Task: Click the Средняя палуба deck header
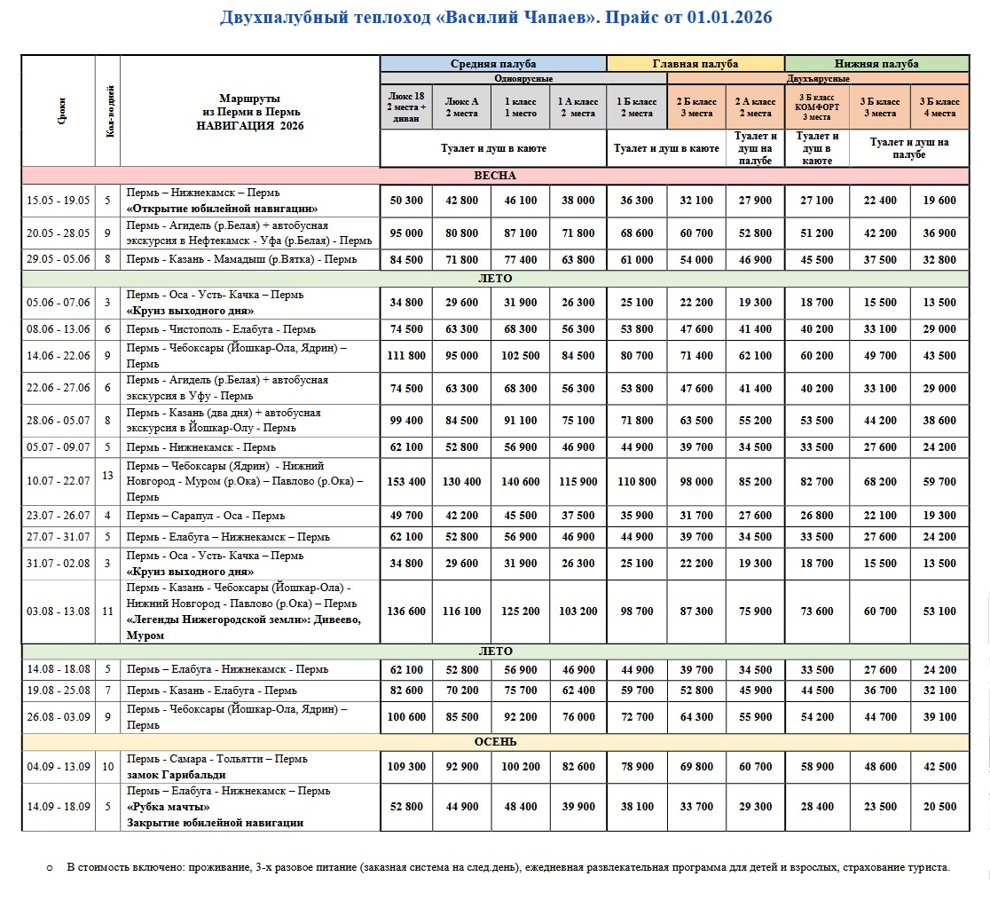pyautogui.click(x=493, y=64)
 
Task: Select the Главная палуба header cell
pyautogui.click(x=695, y=64)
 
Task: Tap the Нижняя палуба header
pyautogui.click(x=876, y=64)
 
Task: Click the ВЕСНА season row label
pyautogui.click(x=494, y=176)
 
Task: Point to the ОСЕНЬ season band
pyautogui.click(x=494, y=742)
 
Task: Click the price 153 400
pyautogui.click(x=407, y=482)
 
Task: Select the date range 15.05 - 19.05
pyautogui.click(x=59, y=201)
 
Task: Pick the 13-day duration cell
pyautogui.click(x=107, y=476)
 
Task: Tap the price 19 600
pyautogui.click(x=939, y=201)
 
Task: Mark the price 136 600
pyautogui.click(x=407, y=612)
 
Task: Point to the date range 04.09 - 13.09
pyautogui.click(x=59, y=767)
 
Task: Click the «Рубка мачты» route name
pyautogui.click(x=169, y=807)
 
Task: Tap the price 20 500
pyautogui.click(x=939, y=807)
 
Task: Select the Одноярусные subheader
pyautogui.click(x=493, y=78)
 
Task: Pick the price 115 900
pyautogui.click(x=577, y=482)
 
